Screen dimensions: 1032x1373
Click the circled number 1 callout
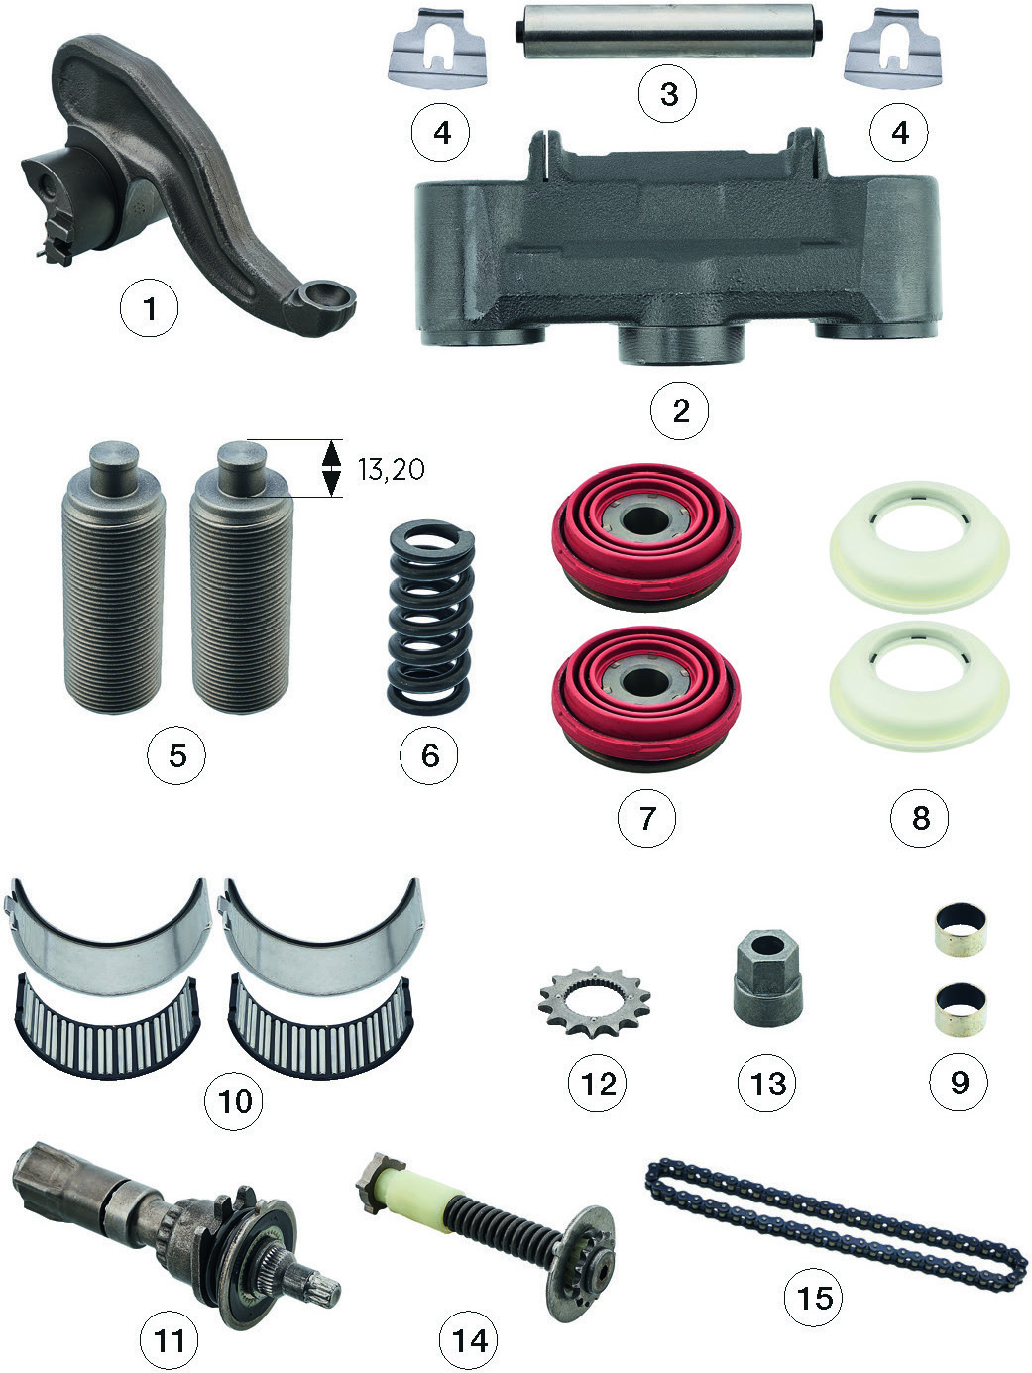point(149,308)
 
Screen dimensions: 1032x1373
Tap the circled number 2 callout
point(680,410)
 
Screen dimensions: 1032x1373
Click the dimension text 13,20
point(392,469)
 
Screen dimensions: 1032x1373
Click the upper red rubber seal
point(646,537)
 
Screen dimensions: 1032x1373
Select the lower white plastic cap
point(919,687)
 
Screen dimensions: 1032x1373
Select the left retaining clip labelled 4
point(438,49)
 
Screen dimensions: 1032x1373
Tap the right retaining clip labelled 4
point(893,49)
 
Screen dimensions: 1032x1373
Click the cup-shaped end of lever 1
point(320,305)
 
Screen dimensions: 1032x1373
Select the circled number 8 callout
point(920,818)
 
